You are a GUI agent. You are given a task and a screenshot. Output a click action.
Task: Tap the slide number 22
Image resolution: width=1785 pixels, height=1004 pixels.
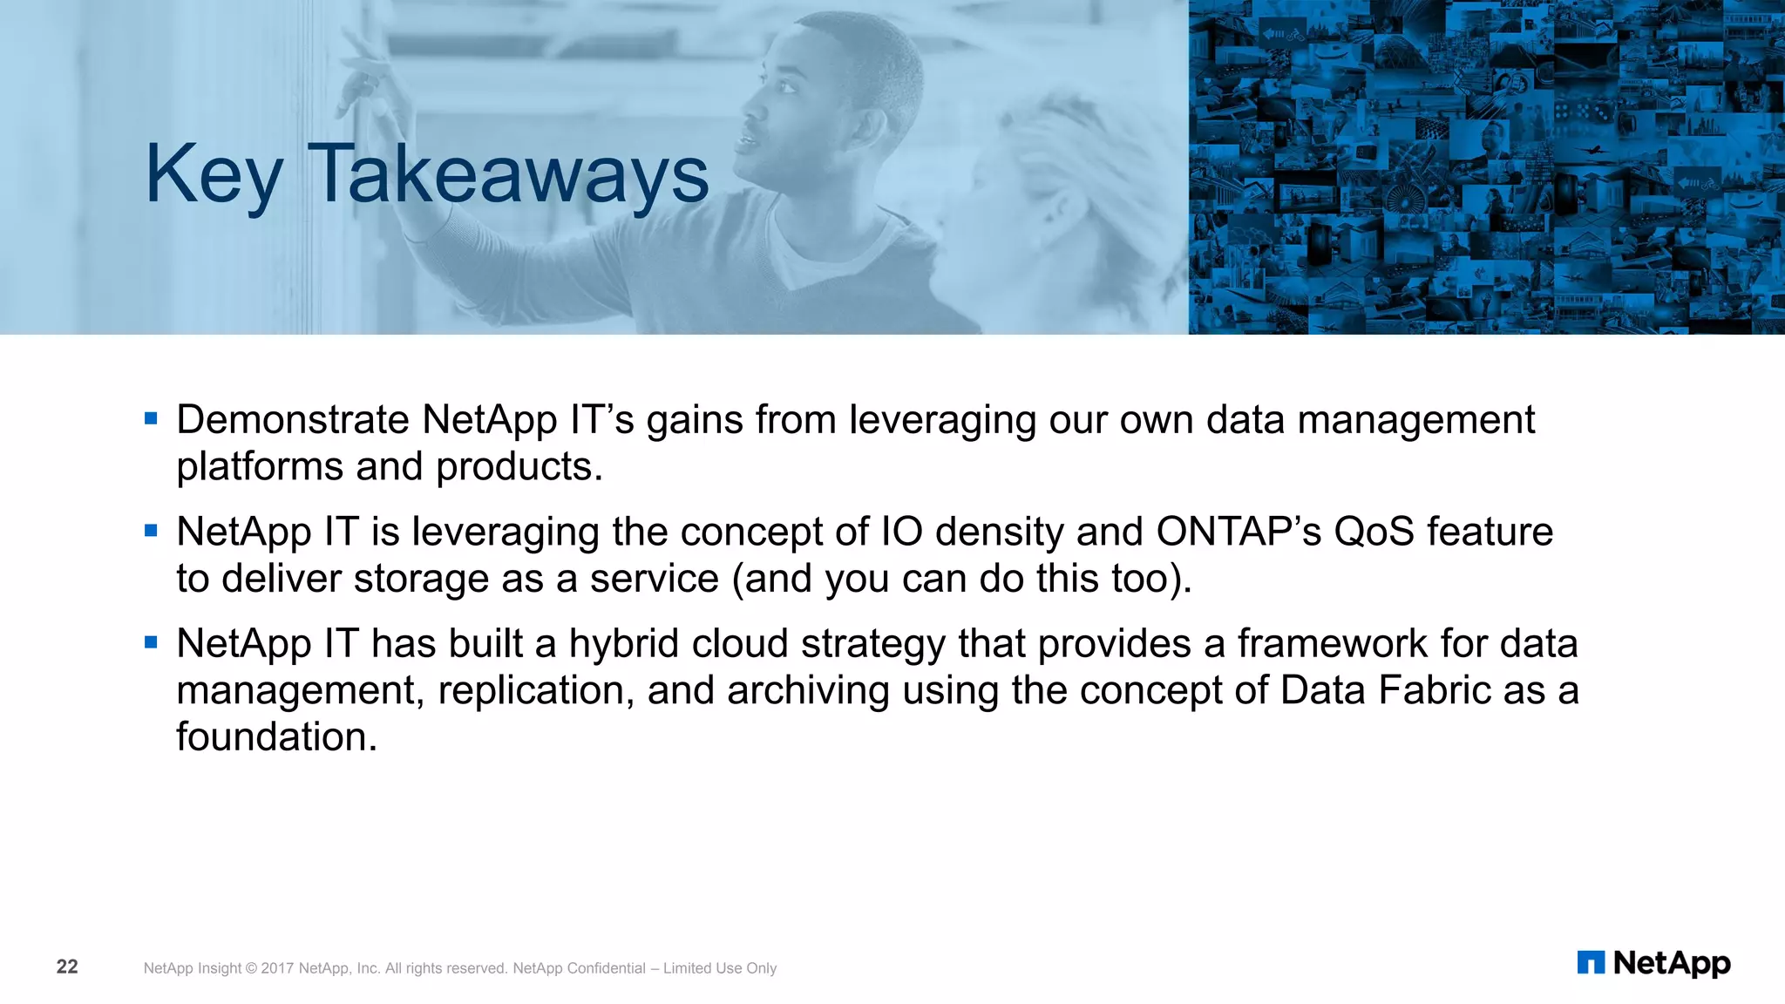point(67,967)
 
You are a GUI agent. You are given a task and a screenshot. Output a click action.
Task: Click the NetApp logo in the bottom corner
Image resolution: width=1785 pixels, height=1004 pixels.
point(1653,963)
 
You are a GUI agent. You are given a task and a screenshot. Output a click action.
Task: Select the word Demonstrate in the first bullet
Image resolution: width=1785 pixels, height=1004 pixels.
point(293,420)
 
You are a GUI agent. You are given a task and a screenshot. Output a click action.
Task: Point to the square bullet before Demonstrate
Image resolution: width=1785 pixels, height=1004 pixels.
point(151,419)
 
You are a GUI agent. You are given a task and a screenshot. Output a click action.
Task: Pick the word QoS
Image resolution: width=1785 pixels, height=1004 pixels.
point(1374,532)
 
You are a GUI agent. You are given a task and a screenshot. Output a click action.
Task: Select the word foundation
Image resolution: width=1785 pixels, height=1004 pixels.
point(277,737)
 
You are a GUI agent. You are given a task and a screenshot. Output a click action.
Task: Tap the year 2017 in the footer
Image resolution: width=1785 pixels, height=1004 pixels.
point(277,968)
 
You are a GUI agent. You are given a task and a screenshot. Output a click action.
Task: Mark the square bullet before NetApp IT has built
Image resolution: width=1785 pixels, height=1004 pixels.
point(151,642)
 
